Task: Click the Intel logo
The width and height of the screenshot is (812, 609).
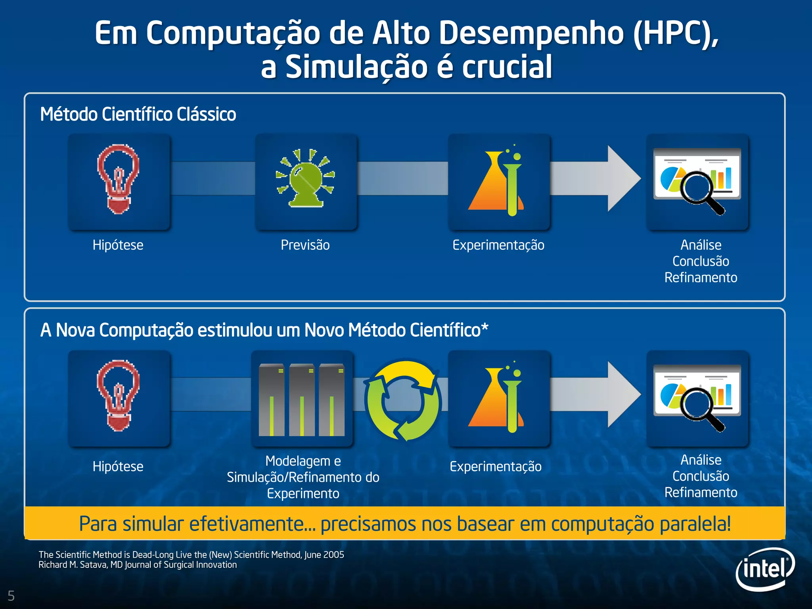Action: click(765, 569)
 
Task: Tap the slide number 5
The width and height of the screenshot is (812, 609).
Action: click(11, 596)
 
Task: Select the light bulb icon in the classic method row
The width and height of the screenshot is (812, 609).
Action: click(118, 179)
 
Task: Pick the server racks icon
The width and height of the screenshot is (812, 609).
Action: click(302, 400)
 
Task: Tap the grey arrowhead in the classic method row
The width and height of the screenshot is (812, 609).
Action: click(622, 178)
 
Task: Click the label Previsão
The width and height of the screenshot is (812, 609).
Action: click(305, 245)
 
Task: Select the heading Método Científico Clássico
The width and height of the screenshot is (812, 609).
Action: click(138, 114)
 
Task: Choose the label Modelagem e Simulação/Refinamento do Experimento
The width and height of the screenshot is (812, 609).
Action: click(303, 477)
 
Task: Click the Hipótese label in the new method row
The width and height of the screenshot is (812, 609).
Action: click(118, 466)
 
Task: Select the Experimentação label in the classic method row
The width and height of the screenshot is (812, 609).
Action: click(498, 245)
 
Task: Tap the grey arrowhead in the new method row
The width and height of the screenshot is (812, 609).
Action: click(622, 395)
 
